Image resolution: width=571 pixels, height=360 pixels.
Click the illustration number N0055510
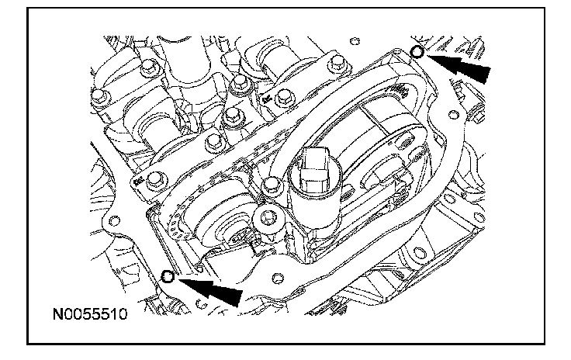[90, 313]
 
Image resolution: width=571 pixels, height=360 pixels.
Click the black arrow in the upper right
[459, 67]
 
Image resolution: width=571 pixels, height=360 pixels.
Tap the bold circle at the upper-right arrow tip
[417, 52]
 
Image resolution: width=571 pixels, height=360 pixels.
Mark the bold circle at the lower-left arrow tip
[168, 276]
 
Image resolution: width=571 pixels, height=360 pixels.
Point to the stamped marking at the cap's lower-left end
[138, 182]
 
